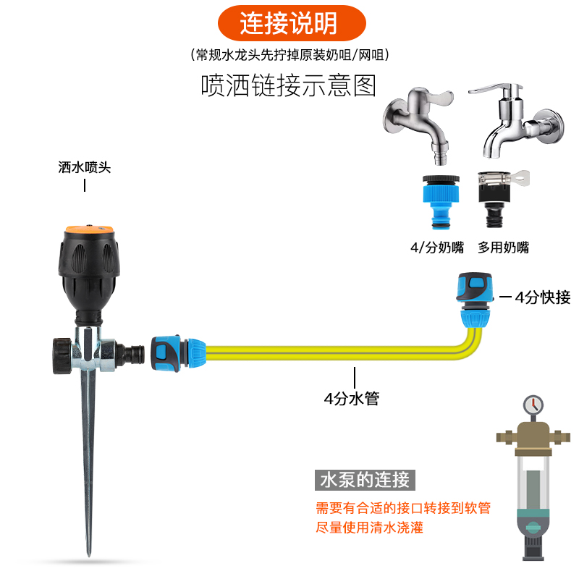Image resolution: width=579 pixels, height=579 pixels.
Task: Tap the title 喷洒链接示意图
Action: (289, 86)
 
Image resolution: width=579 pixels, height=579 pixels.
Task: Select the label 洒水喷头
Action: (85, 167)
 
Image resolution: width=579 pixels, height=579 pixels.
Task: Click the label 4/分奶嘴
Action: (436, 248)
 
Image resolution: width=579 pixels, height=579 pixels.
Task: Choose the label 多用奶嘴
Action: (504, 248)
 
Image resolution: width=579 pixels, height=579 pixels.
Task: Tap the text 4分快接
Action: (542, 297)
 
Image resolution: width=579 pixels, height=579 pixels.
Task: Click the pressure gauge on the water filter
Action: (532, 404)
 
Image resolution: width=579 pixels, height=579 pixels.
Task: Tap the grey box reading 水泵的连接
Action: (365, 479)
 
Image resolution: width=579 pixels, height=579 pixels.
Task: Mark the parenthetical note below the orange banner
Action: (289, 55)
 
